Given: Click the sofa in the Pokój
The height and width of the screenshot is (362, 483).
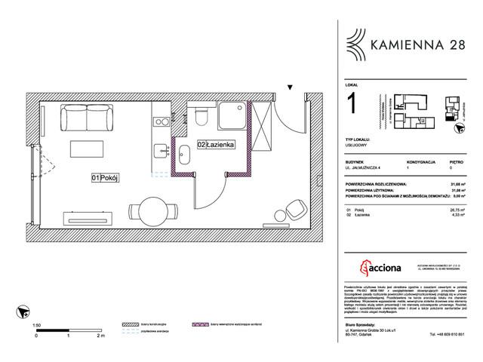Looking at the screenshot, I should (x=87, y=118).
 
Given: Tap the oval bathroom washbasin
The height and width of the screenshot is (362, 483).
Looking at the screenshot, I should (x=184, y=155).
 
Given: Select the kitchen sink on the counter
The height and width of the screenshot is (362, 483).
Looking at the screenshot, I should (x=159, y=149).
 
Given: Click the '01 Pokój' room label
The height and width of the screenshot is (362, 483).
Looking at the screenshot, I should (x=106, y=178).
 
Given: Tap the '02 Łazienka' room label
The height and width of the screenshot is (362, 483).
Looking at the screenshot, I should (x=218, y=144).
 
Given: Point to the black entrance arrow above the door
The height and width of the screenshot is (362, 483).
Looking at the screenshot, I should (x=290, y=87).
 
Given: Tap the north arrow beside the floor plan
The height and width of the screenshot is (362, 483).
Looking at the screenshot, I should (x=23, y=311).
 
